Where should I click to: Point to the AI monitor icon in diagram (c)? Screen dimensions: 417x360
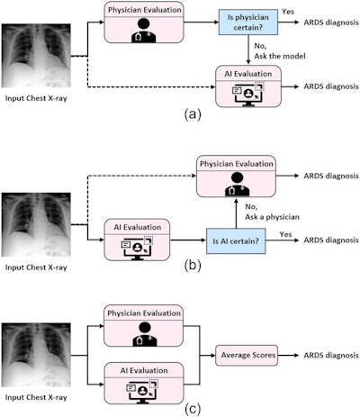point(142,385)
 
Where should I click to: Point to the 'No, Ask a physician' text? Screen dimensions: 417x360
point(271,212)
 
